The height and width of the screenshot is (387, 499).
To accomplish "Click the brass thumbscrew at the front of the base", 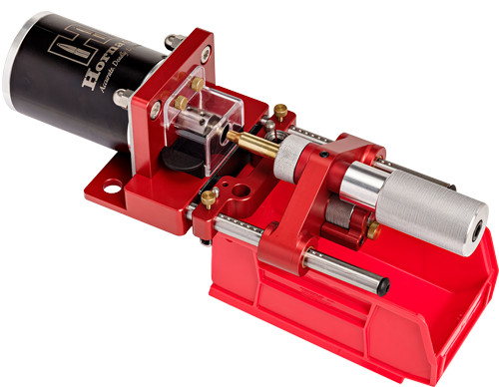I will (x=208, y=198).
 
